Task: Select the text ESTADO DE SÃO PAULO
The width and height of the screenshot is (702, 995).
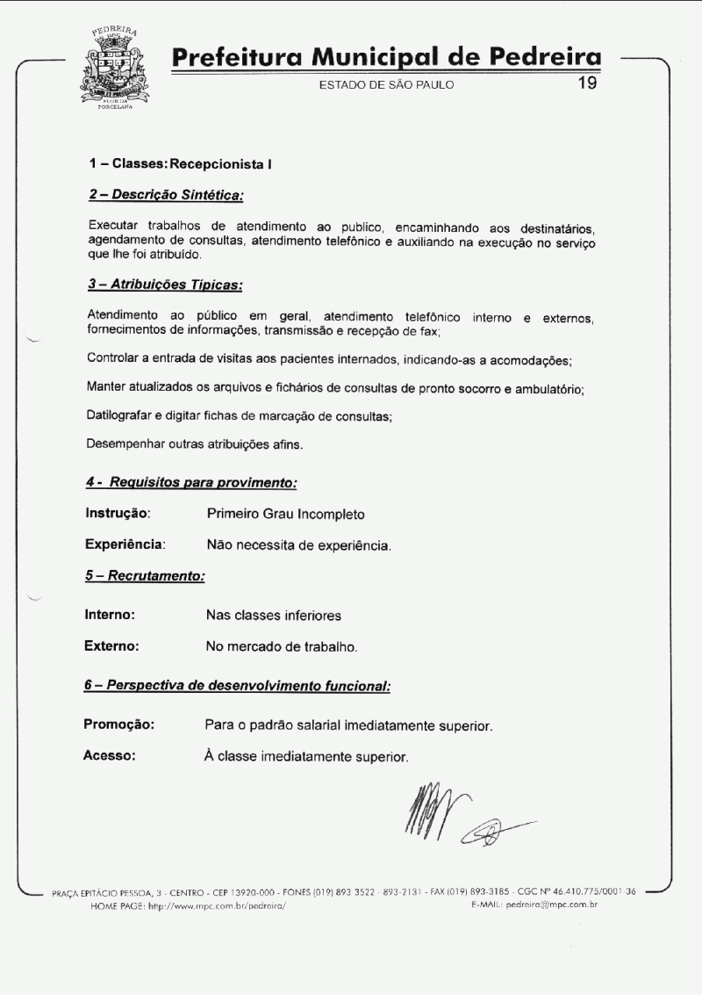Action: [386, 86]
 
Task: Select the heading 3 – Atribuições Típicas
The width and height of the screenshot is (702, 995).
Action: [165, 285]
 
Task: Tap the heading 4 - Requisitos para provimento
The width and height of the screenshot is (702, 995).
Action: [190, 482]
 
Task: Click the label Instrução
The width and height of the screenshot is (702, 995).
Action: [118, 513]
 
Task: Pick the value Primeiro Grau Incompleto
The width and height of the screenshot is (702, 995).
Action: [285, 514]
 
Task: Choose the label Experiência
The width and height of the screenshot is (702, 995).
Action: [125, 544]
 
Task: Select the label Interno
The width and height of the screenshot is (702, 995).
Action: [109, 615]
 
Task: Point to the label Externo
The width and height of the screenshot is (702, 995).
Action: [111, 646]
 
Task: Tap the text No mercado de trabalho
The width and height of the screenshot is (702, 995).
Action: [282, 647]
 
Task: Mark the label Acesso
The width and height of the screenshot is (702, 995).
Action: [109, 755]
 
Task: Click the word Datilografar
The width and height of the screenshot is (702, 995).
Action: [121, 415]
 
